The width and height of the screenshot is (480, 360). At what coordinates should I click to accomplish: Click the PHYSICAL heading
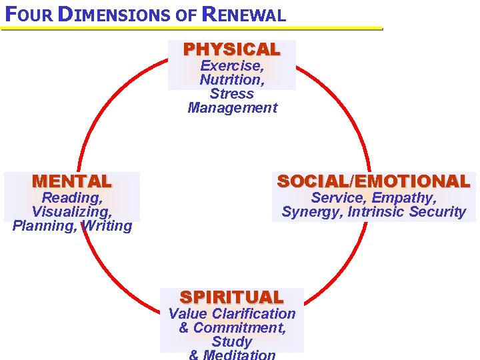[232, 49]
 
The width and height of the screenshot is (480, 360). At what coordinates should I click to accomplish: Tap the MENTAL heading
[72, 181]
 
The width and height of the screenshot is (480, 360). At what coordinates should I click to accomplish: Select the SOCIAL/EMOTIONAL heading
[373, 181]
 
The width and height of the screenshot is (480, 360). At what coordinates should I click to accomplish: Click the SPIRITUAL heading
[232, 297]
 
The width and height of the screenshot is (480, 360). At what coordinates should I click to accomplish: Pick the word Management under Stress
[232, 108]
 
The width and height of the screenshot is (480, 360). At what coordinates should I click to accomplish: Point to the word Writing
[107, 226]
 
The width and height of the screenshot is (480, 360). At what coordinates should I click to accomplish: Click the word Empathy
[404, 198]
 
